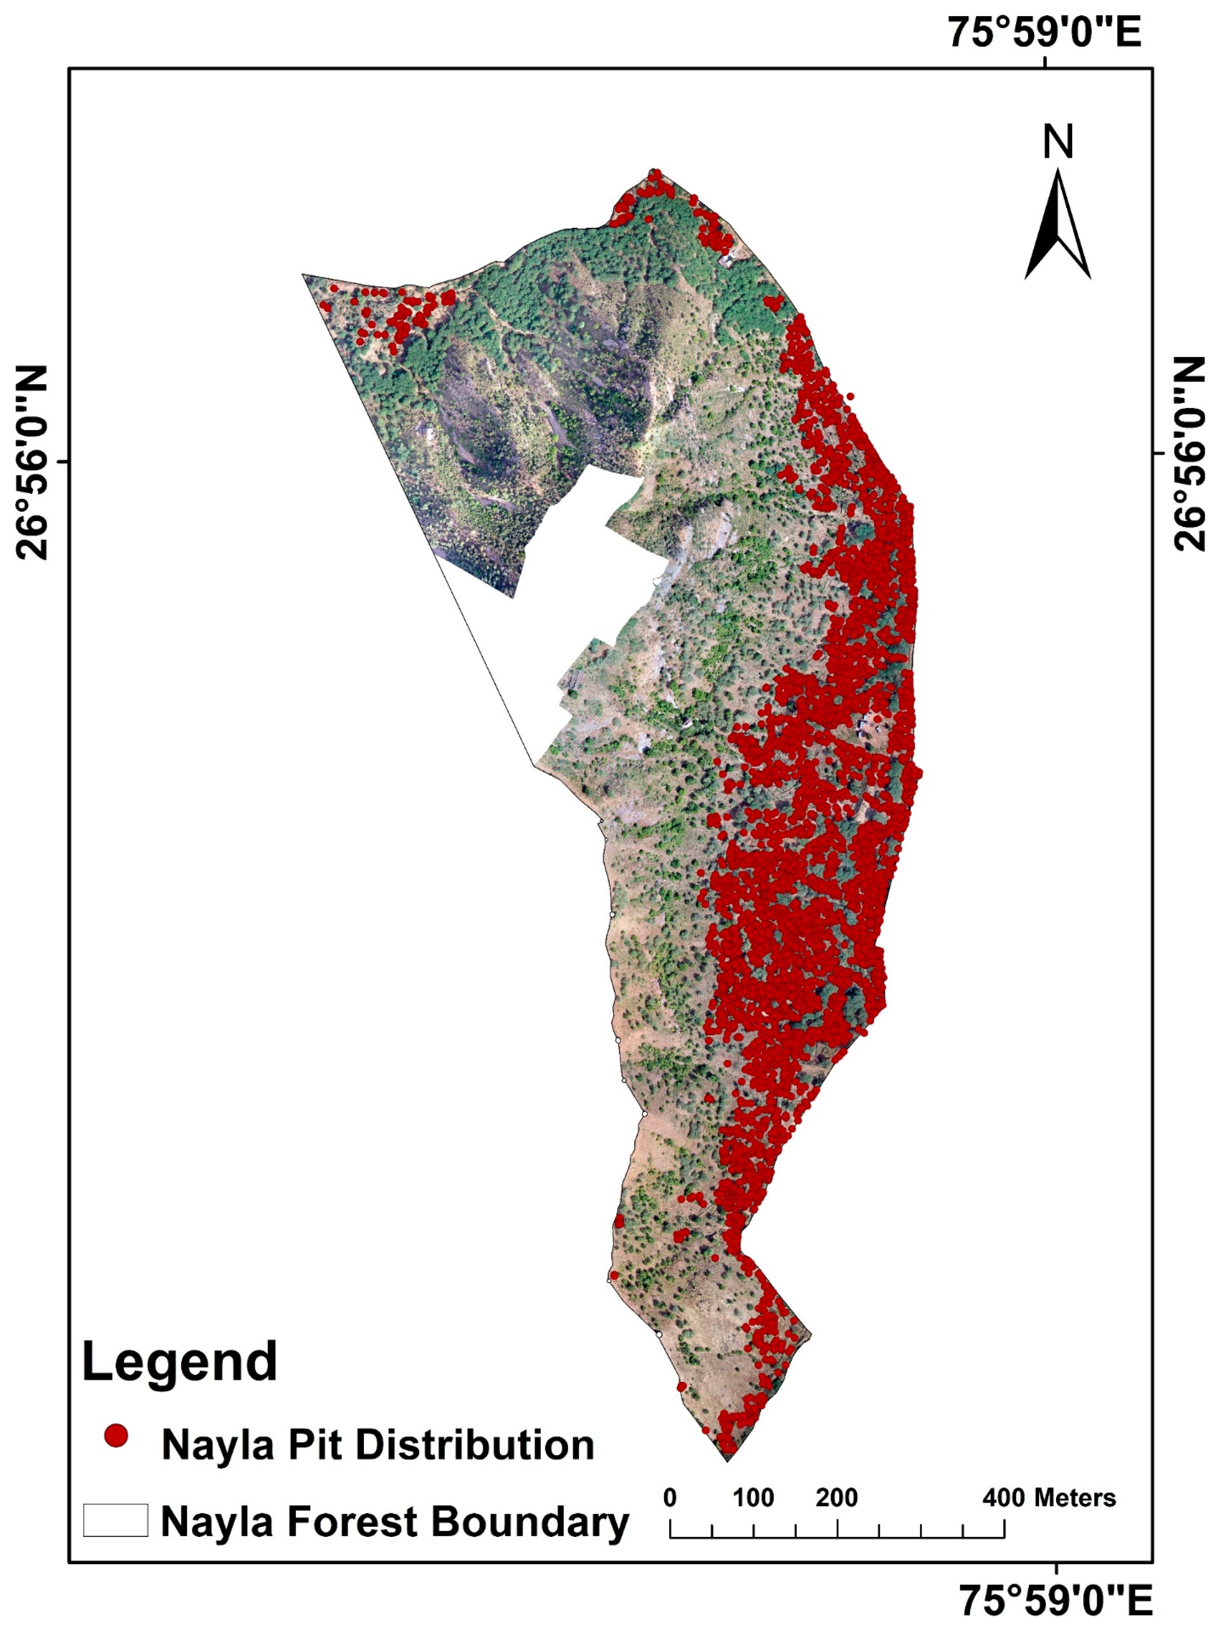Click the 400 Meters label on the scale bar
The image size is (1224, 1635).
click(x=1048, y=1498)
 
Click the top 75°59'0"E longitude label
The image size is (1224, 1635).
click(x=1044, y=33)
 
